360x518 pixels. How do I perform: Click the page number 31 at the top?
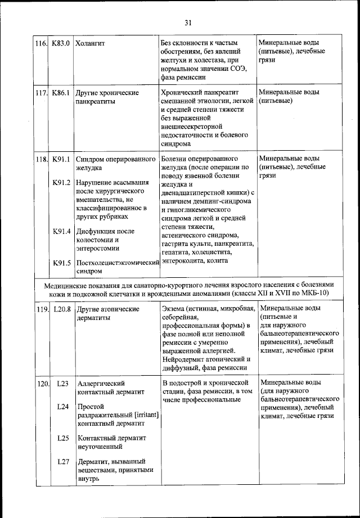(x=187, y=22)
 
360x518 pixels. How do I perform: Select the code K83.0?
(x=60, y=43)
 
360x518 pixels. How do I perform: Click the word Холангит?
(x=91, y=43)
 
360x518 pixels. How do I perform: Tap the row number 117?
(x=40, y=92)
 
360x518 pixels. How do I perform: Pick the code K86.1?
(x=60, y=92)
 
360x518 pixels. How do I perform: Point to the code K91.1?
(x=61, y=159)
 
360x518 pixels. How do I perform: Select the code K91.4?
(x=61, y=231)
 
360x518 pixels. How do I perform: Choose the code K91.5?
(x=61, y=263)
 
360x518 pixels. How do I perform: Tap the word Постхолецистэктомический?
(x=118, y=263)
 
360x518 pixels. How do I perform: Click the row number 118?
(x=40, y=159)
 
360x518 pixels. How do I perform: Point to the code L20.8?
(x=61, y=309)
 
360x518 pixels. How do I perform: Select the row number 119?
(x=40, y=309)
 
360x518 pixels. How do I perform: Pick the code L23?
(x=62, y=384)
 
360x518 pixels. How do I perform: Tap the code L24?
(x=62, y=407)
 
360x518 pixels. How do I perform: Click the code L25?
(x=62, y=438)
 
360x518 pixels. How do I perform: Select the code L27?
(x=62, y=462)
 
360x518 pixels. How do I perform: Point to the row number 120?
(x=40, y=384)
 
